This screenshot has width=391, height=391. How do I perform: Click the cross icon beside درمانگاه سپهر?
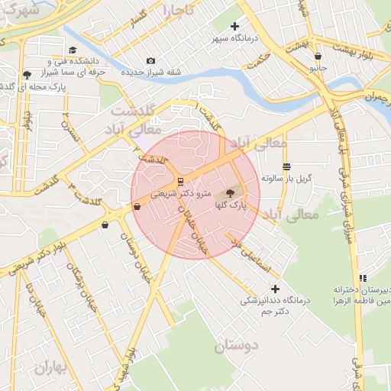[x=234, y=27]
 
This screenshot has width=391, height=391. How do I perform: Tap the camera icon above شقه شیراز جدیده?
[x=150, y=61]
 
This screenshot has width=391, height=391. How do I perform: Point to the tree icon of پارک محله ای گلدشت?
[x=28, y=74]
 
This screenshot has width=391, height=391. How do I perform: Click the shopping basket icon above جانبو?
[x=318, y=56]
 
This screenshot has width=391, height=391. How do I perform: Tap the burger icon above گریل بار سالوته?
[x=286, y=166]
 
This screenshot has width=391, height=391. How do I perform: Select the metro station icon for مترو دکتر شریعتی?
[x=180, y=182]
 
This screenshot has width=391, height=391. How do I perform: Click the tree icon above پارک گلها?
[x=231, y=194]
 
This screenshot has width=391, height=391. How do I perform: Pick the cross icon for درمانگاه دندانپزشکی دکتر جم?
[x=275, y=289]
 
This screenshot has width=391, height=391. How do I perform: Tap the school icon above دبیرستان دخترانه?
[x=363, y=278]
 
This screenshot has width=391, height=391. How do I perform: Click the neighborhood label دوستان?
[x=236, y=346]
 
